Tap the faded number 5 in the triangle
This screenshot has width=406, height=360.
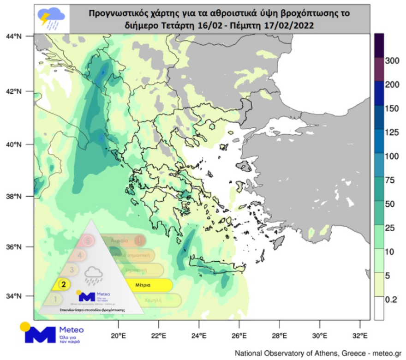click(88, 240)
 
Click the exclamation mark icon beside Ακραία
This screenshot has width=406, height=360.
click(139, 240)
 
